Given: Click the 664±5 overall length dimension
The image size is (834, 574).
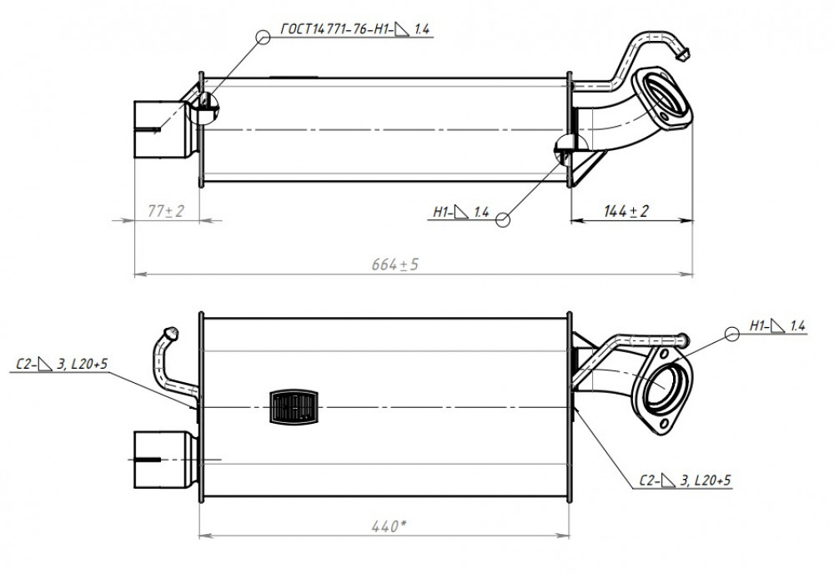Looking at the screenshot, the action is pyautogui.click(x=394, y=264).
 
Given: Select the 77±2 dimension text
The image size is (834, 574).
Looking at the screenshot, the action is pyautogui.click(x=165, y=211).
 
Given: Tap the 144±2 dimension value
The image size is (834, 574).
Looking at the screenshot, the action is pyautogui.click(x=626, y=211).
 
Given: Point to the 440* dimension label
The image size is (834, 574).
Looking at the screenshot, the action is pyautogui.click(x=389, y=526).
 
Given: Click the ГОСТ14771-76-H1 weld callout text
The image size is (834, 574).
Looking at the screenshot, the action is pyautogui.click(x=354, y=28).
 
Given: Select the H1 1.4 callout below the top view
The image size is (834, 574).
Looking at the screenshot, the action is pyautogui.click(x=460, y=212).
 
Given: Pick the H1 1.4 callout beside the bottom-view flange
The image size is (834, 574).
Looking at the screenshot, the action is pyautogui.click(x=777, y=325).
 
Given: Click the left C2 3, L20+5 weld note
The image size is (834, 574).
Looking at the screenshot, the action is pyautogui.click(x=62, y=364).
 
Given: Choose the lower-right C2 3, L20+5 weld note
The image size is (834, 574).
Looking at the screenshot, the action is pyautogui.click(x=685, y=481).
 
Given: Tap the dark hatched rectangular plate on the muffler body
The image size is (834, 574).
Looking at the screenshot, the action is pyautogui.click(x=294, y=407).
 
